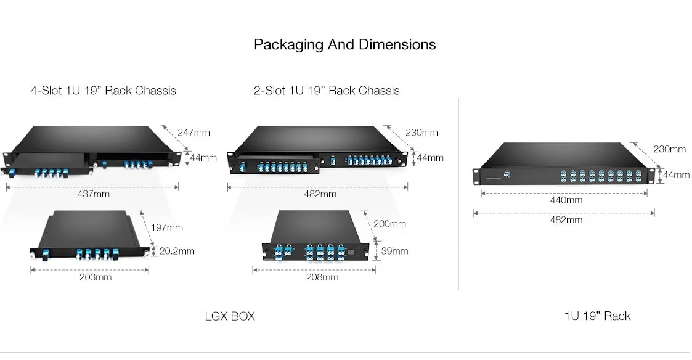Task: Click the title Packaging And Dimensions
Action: [x=344, y=45]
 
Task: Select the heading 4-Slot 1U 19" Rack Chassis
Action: [x=103, y=91]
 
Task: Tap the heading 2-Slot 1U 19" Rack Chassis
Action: [x=327, y=91]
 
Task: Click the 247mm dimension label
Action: [x=193, y=133]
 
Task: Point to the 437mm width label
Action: [x=93, y=194]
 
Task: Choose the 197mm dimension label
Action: [x=167, y=227]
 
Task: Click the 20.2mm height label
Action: [x=177, y=251]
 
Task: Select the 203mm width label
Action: [x=96, y=277]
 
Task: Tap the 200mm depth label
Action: [x=389, y=224]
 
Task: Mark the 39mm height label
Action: [x=395, y=251]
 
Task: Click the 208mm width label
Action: [x=322, y=277]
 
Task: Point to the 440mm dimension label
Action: [x=565, y=200]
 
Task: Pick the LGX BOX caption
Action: [x=229, y=316]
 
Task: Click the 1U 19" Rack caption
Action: [x=597, y=316]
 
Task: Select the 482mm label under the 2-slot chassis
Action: [x=320, y=194]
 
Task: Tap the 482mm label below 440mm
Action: [x=565, y=220]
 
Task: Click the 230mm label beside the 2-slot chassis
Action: [x=421, y=133]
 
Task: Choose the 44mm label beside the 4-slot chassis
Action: [x=203, y=158]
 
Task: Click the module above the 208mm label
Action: [x=315, y=240]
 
